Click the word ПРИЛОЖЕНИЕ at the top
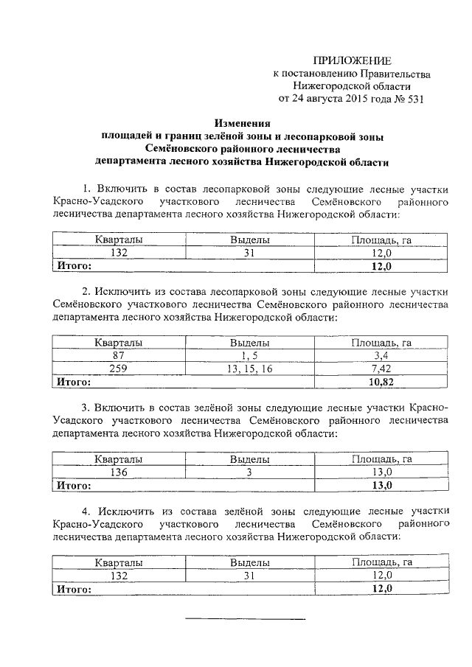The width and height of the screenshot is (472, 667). (x=353, y=60)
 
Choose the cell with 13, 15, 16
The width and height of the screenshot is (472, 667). (x=250, y=369)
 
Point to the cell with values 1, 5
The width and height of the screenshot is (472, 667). (x=250, y=356)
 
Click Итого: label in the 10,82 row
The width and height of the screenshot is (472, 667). (x=74, y=383)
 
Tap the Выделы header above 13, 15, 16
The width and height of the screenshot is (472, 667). (x=250, y=343)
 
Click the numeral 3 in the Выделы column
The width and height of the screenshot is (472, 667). (x=250, y=472)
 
